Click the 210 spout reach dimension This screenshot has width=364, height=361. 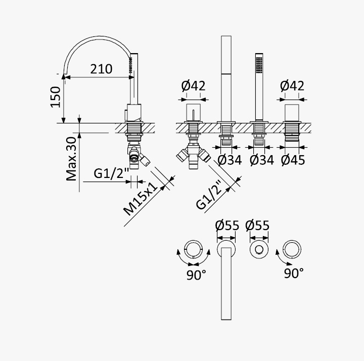point(101,69)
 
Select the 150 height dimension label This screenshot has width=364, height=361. point(56,97)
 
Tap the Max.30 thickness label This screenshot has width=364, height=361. point(71,159)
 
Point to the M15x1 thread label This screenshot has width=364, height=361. point(143,199)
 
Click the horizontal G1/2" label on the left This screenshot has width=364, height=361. point(111,173)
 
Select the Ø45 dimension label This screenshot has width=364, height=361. point(293,160)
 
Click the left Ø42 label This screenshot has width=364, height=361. point(193,86)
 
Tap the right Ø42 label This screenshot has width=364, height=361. point(292,86)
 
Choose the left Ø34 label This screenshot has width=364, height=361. point(230,160)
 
